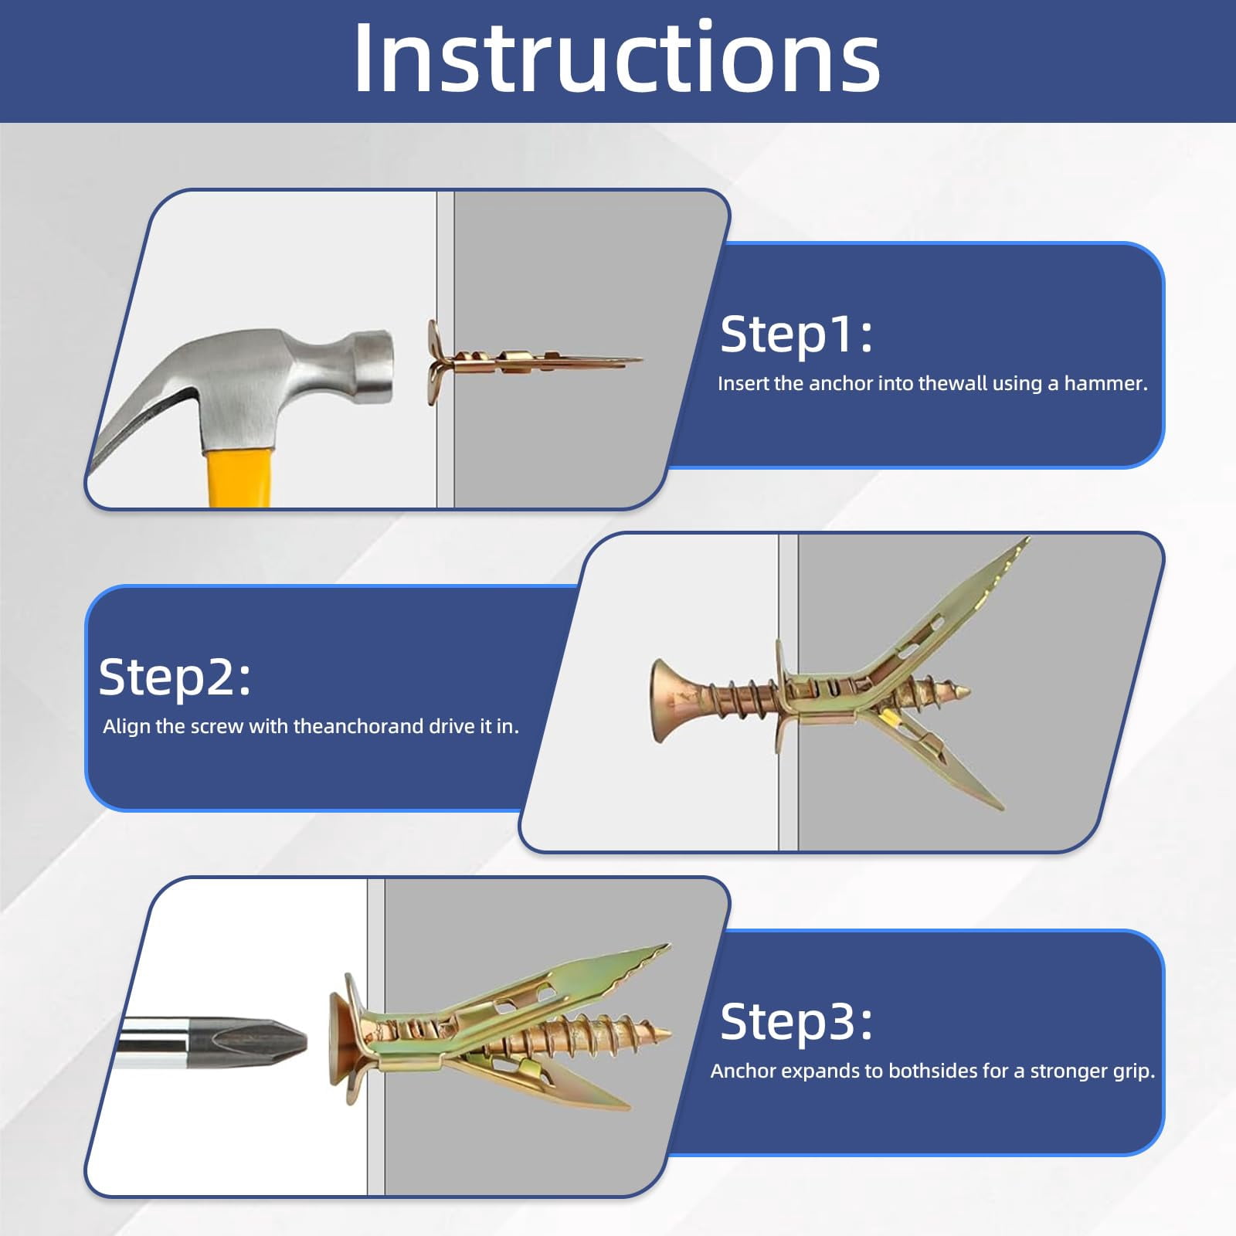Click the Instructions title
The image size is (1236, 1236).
[x=616, y=58]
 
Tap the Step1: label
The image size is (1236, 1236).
[x=796, y=334]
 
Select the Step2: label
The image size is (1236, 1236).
[x=175, y=677]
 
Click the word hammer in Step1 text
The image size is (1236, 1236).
[x=1105, y=383]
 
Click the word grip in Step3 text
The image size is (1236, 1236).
[x=1135, y=1072]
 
